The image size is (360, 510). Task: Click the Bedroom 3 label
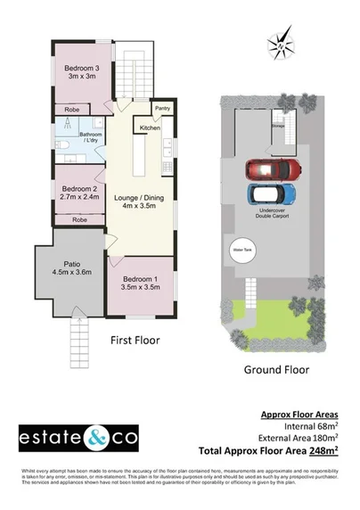(82, 69)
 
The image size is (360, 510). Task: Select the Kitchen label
(151, 127)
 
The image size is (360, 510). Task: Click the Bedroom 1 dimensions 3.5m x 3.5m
(141, 288)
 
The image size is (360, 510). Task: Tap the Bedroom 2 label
(79, 188)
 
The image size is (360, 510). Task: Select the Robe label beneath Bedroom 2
(79, 218)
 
